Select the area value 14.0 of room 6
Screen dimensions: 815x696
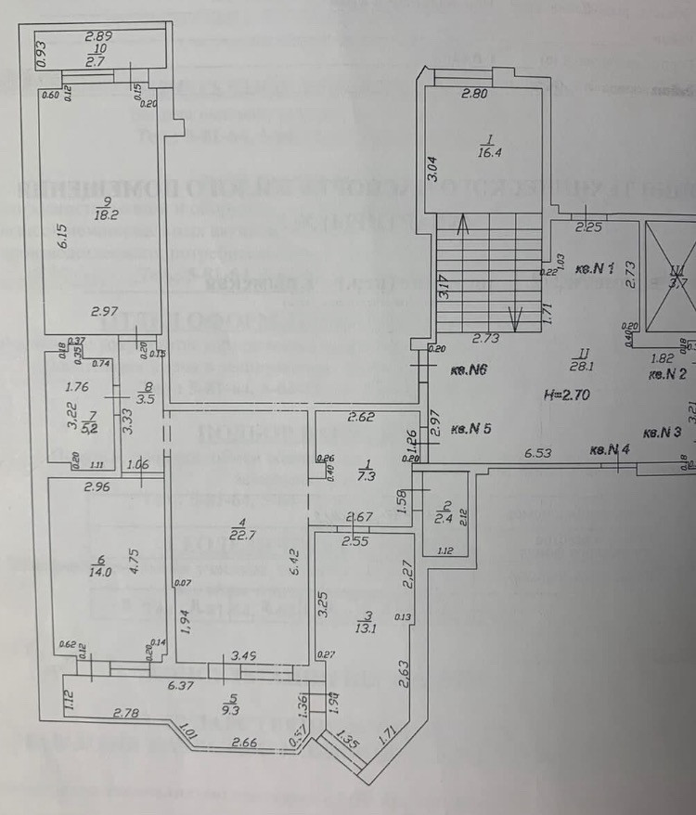[98, 573]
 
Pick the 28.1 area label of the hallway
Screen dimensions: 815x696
[581, 366]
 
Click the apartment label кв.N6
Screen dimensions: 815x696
[470, 370]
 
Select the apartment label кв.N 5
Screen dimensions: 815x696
[471, 430]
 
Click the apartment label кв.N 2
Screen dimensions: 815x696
[667, 375]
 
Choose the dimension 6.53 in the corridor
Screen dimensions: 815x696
[539, 453]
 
